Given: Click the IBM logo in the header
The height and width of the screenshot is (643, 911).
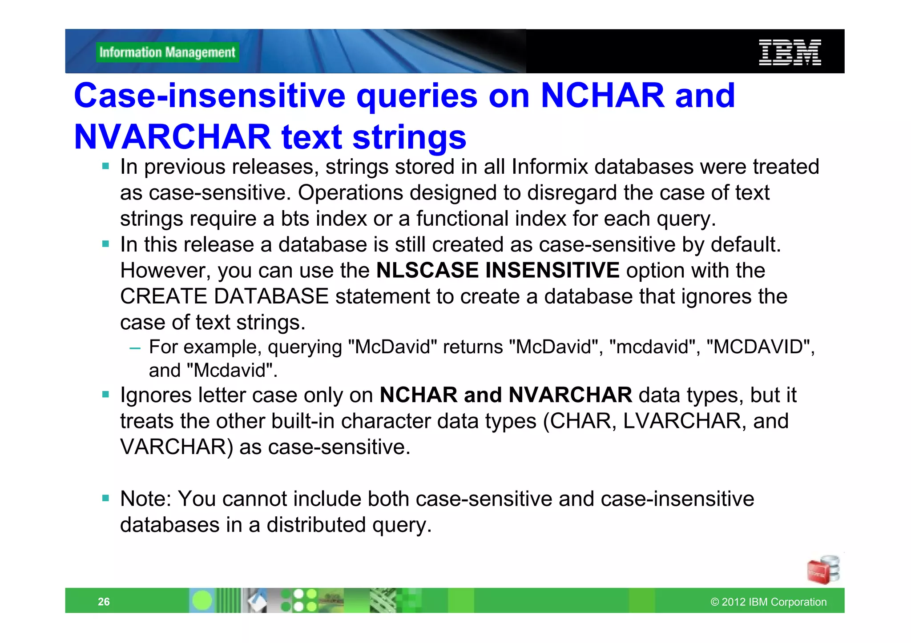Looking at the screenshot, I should pyautogui.click(x=790, y=52).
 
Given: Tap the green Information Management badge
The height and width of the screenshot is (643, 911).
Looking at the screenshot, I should pyautogui.click(x=167, y=52).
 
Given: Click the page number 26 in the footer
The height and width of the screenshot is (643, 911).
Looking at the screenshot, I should pyautogui.click(x=104, y=602).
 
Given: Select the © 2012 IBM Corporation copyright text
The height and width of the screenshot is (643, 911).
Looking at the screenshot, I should pyautogui.click(x=768, y=602).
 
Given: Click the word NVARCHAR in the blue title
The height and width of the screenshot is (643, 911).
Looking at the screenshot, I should pyautogui.click(x=172, y=137).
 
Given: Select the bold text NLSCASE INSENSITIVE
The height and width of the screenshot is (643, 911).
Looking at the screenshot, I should pyautogui.click(x=497, y=270).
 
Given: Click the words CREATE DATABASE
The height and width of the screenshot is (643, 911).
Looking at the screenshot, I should pyautogui.click(x=224, y=296).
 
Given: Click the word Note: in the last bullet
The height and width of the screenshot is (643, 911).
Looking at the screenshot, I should pyautogui.click(x=146, y=499).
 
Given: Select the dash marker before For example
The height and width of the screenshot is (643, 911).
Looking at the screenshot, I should pyautogui.click(x=135, y=348).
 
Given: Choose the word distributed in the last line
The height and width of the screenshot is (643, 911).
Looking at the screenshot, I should pyautogui.click(x=316, y=525).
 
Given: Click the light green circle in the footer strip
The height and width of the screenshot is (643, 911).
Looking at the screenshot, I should pyautogui.click(x=202, y=601).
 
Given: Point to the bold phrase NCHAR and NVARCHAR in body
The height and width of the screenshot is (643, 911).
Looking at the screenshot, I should pyautogui.click(x=505, y=395).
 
